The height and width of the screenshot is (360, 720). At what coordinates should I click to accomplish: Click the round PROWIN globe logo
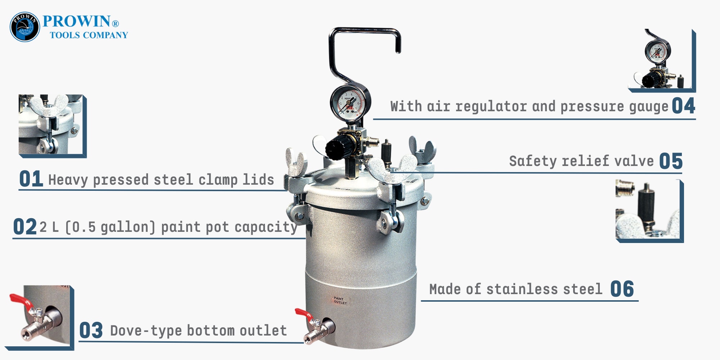pos(25,27)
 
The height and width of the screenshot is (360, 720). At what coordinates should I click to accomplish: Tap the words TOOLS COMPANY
pos(89,35)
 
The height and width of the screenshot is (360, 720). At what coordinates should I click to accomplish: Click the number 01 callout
pos(31,179)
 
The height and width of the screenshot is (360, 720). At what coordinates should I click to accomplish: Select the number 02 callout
pos(25,227)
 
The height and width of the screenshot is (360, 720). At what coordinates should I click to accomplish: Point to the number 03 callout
pos(91,330)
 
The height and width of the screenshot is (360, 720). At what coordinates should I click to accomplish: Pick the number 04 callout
pos(684,106)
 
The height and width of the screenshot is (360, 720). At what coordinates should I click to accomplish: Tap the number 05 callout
pos(671,161)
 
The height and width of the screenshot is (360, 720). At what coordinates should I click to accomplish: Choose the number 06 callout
pos(622,289)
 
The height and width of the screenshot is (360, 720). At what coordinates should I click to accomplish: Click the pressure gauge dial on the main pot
pos(349,104)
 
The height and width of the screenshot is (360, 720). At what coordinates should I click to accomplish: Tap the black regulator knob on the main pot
pos(337,147)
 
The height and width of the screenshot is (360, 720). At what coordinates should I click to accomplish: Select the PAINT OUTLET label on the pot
pos(340,301)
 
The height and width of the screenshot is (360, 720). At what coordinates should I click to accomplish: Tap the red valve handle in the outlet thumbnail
pos(22,302)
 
